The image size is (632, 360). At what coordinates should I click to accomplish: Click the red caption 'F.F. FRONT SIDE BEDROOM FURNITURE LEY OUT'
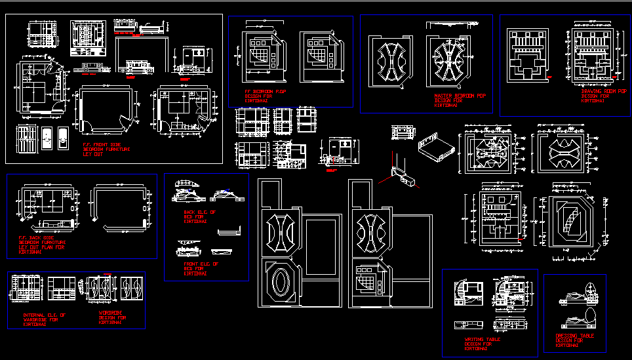(106, 149)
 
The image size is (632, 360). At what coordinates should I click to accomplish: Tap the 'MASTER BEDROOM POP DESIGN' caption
(460, 100)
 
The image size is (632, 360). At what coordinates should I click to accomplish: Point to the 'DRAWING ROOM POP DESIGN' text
(603, 96)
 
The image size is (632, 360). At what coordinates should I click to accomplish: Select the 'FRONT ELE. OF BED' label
(201, 268)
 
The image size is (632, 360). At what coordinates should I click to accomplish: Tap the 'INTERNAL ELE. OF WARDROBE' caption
(44, 319)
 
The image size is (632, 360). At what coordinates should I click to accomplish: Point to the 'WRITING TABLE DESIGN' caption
(481, 344)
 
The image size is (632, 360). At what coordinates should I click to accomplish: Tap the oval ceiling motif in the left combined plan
(280, 283)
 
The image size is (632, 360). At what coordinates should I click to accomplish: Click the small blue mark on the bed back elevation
(227, 190)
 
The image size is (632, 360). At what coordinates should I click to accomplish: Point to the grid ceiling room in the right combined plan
(369, 279)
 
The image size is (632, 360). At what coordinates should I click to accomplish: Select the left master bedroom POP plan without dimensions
(391, 60)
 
